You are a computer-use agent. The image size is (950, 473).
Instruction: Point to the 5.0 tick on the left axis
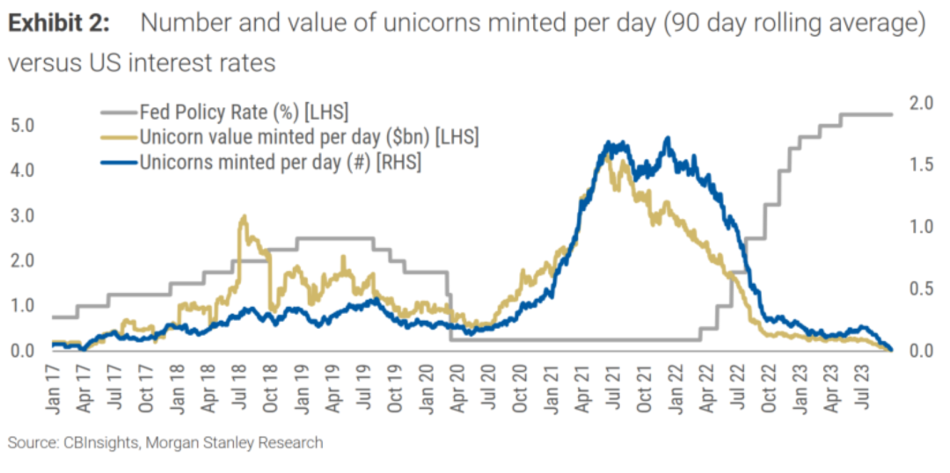(x=23, y=125)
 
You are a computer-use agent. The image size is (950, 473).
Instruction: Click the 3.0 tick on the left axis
(x=23, y=215)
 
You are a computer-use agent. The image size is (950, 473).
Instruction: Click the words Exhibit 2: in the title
(x=59, y=24)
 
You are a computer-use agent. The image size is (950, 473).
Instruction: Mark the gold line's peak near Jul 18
(x=243, y=216)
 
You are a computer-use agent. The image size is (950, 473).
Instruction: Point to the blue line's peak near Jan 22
(x=668, y=138)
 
